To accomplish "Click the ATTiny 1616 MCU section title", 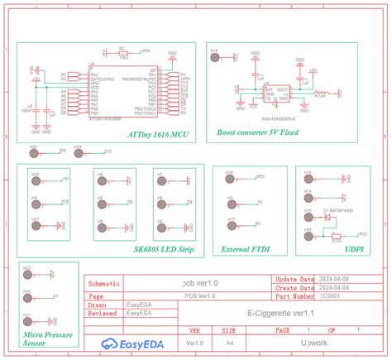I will click(x=156, y=133).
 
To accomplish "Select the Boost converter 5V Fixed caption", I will click(x=257, y=132).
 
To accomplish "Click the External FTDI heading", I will click(x=246, y=247).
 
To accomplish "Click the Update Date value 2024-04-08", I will click(x=334, y=280).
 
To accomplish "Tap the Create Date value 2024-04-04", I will click(x=334, y=287).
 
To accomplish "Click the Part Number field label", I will click(x=294, y=295).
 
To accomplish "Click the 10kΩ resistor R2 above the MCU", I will click(x=123, y=55).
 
